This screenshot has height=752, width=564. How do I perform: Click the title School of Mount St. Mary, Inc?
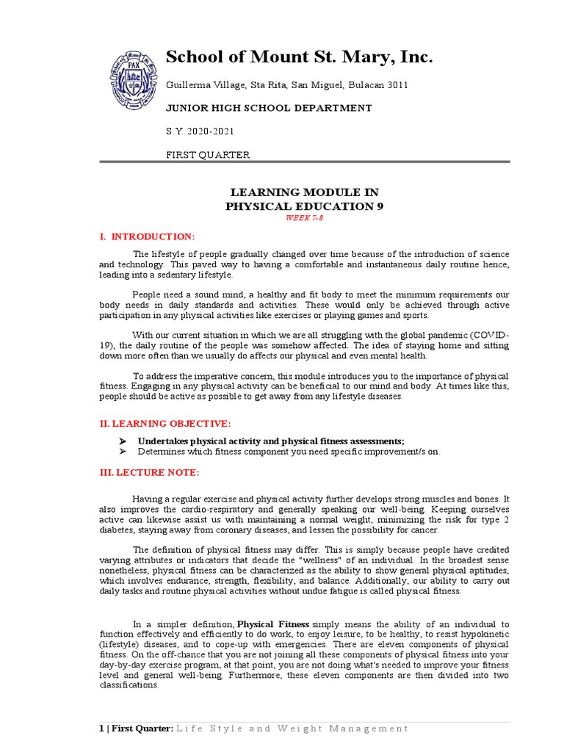click(x=300, y=57)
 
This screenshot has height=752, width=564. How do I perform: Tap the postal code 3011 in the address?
click(x=394, y=85)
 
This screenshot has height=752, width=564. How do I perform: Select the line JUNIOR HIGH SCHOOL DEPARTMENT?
click(x=268, y=108)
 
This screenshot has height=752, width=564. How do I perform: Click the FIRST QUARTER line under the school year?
click(x=208, y=155)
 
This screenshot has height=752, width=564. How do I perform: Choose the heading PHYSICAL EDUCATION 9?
click(x=304, y=206)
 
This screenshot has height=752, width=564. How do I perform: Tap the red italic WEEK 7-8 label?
click(x=304, y=219)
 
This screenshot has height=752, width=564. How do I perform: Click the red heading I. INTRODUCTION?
click(x=148, y=236)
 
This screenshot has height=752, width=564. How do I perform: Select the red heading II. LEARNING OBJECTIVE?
click(x=165, y=424)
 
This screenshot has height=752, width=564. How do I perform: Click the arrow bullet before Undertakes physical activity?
click(x=123, y=441)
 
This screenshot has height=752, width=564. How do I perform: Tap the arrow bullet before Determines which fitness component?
click(x=123, y=452)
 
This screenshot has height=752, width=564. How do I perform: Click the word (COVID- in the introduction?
click(x=488, y=335)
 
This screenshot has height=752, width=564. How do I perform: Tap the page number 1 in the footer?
click(x=101, y=728)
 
